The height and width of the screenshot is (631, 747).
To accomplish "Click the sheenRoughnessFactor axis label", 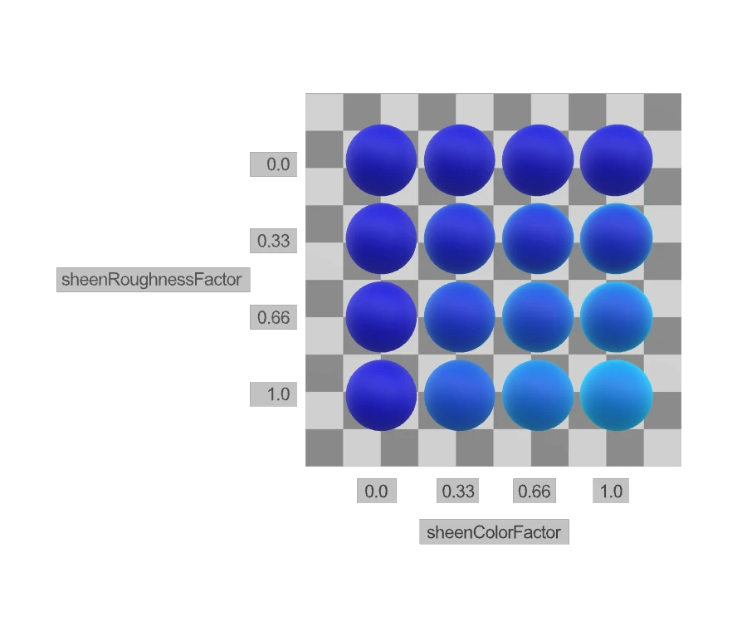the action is tap(153, 280).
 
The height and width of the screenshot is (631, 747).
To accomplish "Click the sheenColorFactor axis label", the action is tap(494, 532).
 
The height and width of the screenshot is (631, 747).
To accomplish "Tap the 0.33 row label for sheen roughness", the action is tap(273, 241).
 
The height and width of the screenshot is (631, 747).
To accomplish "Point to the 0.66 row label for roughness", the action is tap(273, 317).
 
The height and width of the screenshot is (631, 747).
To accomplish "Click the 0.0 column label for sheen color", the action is tap(376, 491).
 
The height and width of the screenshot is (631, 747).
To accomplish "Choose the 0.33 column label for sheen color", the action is tap(458, 491).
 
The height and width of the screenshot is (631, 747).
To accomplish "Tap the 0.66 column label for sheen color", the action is tap(534, 491).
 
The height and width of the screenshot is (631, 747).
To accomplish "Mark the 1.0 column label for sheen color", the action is tap(611, 491).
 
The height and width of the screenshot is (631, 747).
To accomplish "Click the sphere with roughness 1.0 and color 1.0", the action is tap(616, 395).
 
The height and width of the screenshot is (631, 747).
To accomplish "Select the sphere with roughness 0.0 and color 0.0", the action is tap(381, 160).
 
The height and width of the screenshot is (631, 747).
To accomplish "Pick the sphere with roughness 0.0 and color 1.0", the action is tap(616, 160).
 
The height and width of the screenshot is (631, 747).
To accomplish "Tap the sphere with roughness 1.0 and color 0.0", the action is tap(381, 395).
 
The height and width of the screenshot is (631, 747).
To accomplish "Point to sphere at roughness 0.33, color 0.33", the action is tap(459, 239).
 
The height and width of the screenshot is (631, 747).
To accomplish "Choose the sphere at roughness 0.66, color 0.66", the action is tap(538, 317).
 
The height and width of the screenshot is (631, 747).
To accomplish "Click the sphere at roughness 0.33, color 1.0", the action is tap(616, 239).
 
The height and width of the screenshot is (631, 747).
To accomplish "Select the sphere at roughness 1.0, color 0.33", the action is tap(459, 395).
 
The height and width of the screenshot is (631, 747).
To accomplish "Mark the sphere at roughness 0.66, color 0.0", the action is tap(381, 317).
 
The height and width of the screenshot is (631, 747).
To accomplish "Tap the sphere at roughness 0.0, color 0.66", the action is tap(538, 160).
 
